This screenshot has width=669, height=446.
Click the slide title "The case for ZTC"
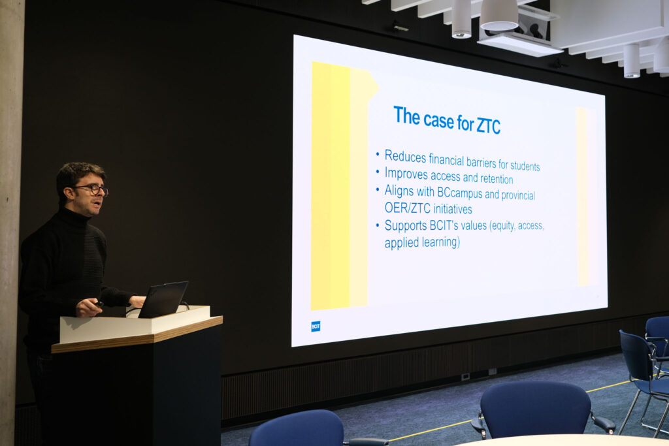(x=447, y=120)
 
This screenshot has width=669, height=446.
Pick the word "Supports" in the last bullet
(x=406, y=225)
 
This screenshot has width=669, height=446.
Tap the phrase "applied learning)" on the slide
(x=422, y=242)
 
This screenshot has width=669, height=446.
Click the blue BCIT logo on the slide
(x=316, y=326)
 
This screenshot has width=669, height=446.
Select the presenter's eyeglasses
(x=92, y=189)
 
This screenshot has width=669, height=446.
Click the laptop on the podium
(x=163, y=299)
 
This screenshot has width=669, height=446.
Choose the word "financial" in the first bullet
(x=451, y=159)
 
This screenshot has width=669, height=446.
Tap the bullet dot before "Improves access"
(x=378, y=172)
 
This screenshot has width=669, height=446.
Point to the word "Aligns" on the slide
(x=399, y=191)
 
